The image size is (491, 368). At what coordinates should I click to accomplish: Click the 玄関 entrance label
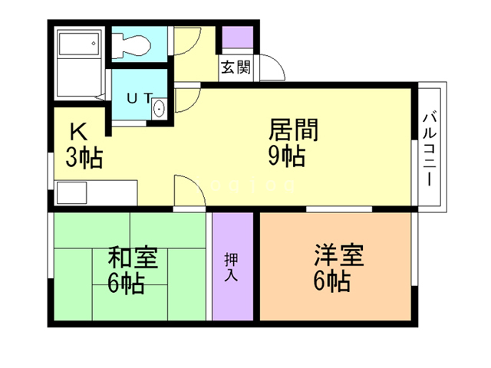[236, 67]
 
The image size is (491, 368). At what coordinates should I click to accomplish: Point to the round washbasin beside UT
[159, 108]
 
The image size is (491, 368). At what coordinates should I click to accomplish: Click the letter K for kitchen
[80, 131]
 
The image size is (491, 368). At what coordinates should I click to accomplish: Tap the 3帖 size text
[84, 159]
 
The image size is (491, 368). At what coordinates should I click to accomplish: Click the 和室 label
[133, 256]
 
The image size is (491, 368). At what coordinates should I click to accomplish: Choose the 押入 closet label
[231, 265]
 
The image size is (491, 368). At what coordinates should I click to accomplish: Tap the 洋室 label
[338, 253]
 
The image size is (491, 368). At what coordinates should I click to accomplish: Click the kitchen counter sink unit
[92, 191]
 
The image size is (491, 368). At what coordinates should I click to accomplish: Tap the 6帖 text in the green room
[127, 283]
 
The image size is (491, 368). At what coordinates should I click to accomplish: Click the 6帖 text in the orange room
[332, 281]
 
